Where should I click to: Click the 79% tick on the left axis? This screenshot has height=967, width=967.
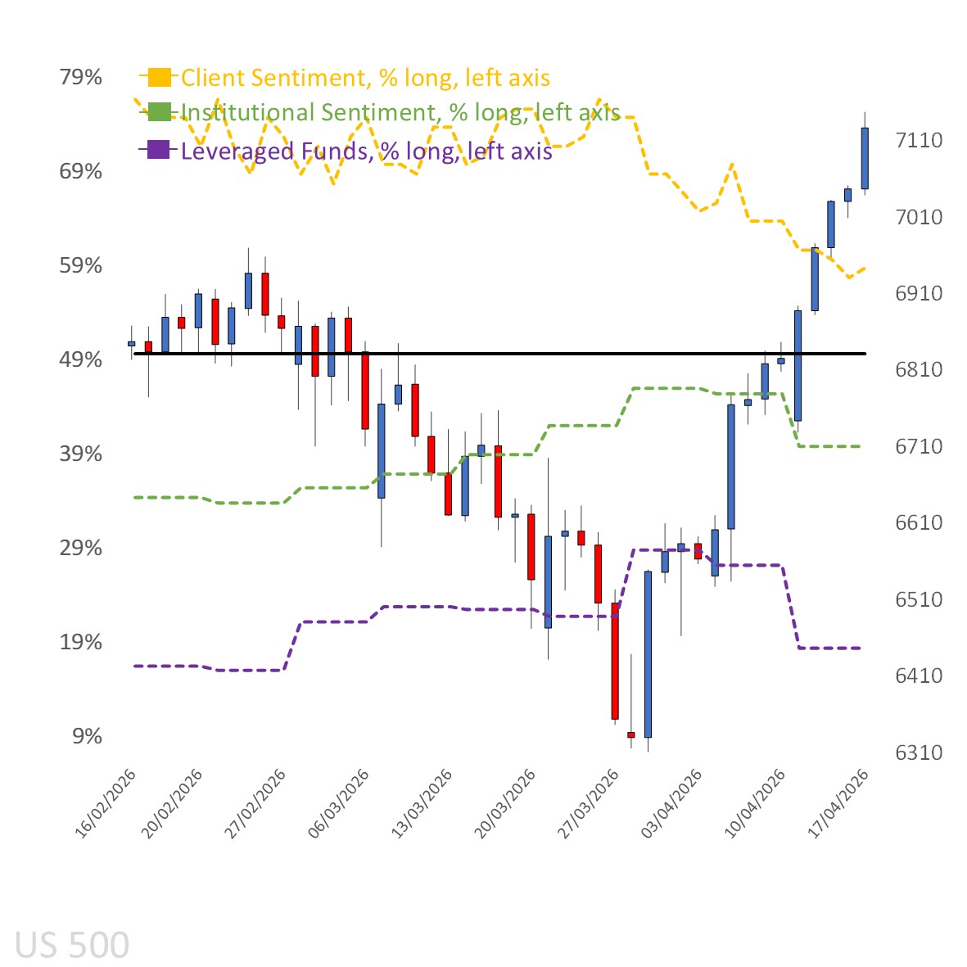80,77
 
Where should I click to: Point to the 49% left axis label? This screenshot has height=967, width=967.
80,359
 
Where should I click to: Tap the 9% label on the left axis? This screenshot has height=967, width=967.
87,736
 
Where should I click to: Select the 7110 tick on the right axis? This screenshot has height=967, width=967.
919,140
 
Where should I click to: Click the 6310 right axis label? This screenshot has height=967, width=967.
919,752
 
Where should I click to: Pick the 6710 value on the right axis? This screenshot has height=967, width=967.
919,446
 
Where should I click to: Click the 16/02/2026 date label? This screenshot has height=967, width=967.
106,802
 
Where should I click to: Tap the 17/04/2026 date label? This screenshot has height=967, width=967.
838,802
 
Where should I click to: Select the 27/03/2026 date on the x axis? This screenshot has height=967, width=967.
589,802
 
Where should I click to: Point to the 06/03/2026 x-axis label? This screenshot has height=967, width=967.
339,802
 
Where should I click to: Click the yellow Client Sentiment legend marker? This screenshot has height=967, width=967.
159,78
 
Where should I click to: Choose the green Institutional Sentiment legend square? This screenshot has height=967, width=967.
159,112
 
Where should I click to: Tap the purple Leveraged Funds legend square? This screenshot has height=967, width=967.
159,150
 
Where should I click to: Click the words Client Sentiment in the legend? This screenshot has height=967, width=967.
273,78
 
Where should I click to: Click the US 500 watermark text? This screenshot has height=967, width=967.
72,945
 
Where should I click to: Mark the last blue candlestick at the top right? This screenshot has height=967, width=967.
865,158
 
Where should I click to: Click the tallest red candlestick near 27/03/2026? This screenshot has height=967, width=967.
615,661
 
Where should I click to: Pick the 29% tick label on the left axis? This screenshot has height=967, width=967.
80,548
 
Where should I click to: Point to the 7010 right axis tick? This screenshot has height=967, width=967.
919,217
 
